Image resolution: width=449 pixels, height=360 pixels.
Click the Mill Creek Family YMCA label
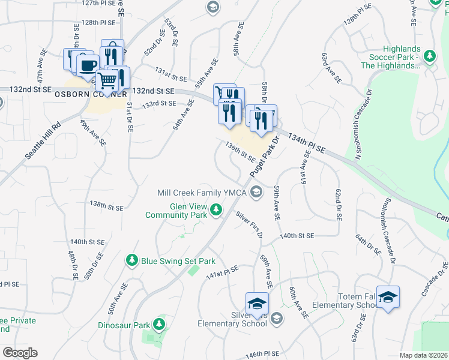click(203, 193)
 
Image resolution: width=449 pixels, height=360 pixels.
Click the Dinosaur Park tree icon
click(159, 325)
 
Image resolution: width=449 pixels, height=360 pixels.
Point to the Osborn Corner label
click(91, 94)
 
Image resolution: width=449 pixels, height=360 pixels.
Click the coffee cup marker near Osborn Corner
click(88, 65)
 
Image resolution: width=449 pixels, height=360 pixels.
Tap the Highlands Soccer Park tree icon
click(429, 56)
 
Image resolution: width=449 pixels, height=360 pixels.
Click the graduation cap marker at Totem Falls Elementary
click(388, 297)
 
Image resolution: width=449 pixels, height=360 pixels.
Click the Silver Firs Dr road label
click(249, 224)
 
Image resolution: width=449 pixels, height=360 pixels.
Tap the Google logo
click(20, 352)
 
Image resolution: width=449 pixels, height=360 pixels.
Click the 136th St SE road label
click(240, 152)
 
